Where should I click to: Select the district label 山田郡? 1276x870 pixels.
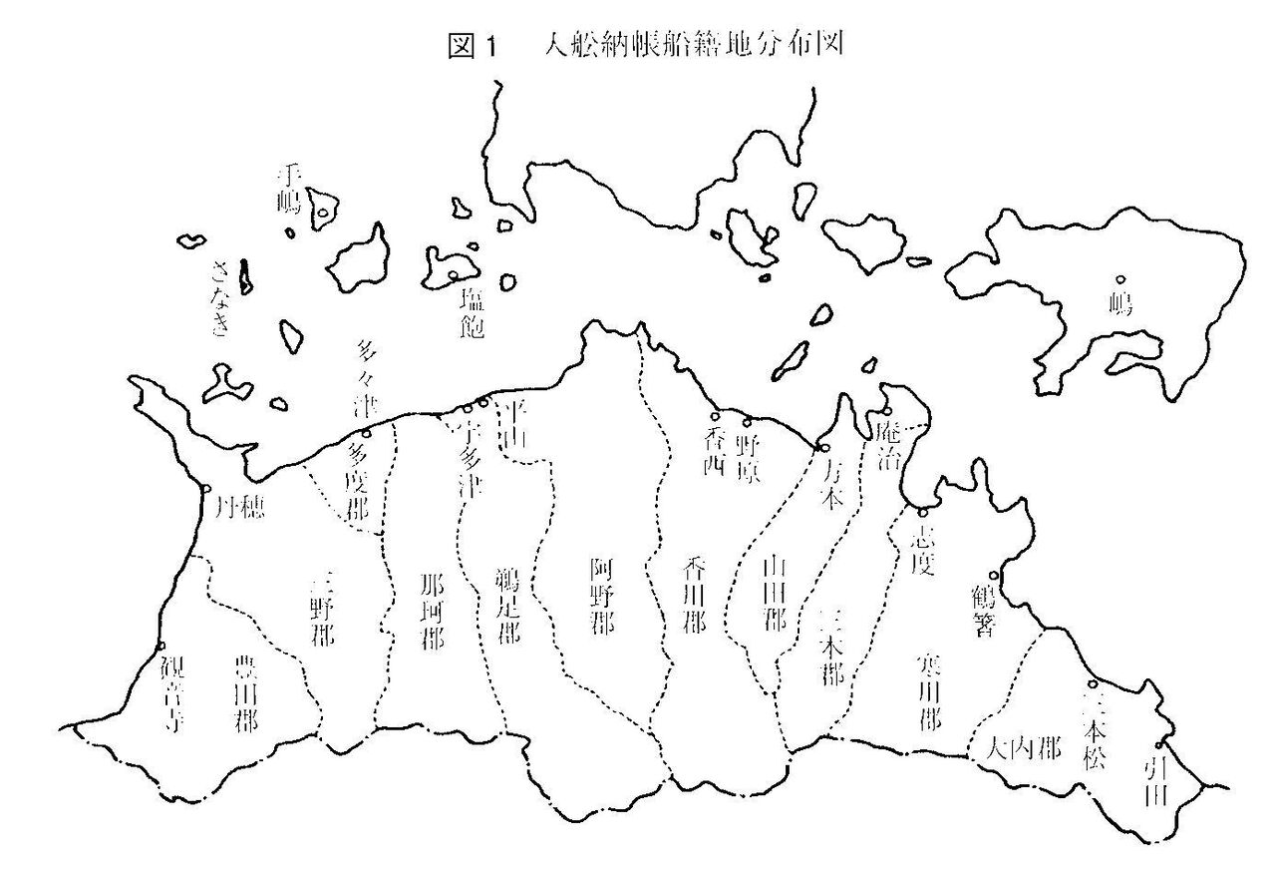coord(774,596)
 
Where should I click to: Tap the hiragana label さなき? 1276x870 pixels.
coord(220,296)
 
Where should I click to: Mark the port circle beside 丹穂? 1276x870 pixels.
coord(204,489)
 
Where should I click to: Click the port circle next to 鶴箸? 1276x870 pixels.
coord(992,575)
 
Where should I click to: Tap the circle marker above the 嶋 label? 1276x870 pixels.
coord(1119,280)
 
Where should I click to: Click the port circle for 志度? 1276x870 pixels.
coord(922,512)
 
